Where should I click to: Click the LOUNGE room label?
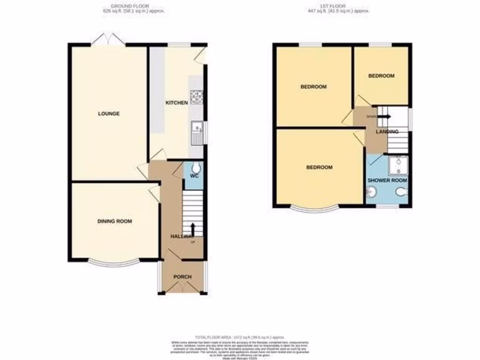[x=109, y=114]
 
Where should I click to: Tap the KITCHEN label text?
[x=176, y=103]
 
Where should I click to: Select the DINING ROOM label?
[x=114, y=221]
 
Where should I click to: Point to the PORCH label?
[x=182, y=277]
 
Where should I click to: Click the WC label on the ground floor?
[x=195, y=176]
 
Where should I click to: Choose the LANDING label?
[x=387, y=132]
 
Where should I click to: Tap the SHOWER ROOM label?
[x=387, y=180]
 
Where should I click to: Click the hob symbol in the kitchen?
[x=197, y=96]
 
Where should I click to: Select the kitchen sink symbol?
[x=197, y=132]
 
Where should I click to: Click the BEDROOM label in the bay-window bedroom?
[x=319, y=167]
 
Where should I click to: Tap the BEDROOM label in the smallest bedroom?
[x=381, y=76]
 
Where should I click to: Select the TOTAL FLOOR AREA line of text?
[x=240, y=337]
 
